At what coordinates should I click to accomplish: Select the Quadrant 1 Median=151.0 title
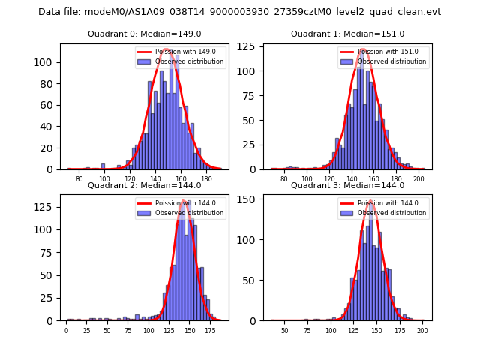click(x=347, y=34)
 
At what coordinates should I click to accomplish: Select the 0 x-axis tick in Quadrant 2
click(x=66, y=331)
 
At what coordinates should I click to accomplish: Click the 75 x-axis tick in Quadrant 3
click(x=307, y=331)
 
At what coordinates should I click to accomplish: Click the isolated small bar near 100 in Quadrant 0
click(x=103, y=166)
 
